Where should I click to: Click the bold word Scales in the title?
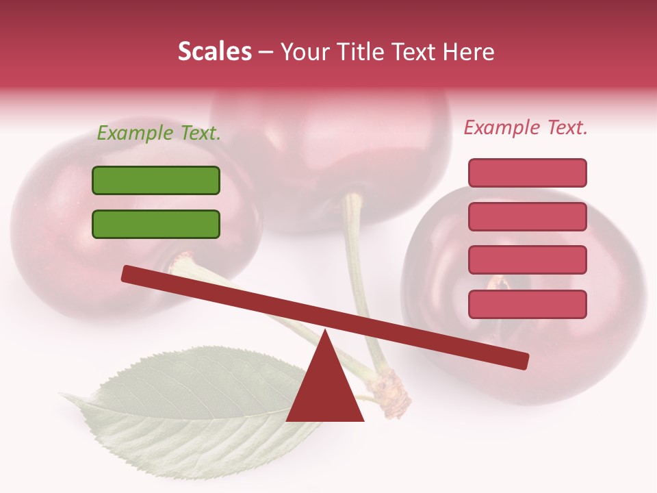tap(215, 51)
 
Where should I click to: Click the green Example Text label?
tap(159, 134)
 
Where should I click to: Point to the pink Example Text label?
tap(526, 127)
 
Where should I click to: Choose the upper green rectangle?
tap(156, 181)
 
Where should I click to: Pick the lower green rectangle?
tap(156, 224)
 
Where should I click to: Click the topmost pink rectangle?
tap(528, 173)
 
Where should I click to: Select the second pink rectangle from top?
tap(528, 216)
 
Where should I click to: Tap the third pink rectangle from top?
tap(528, 260)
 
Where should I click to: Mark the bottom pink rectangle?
tap(528, 304)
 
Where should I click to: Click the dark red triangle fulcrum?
tap(325, 394)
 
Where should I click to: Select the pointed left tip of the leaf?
tap(63, 395)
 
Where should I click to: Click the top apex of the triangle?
tap(325, 331)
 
